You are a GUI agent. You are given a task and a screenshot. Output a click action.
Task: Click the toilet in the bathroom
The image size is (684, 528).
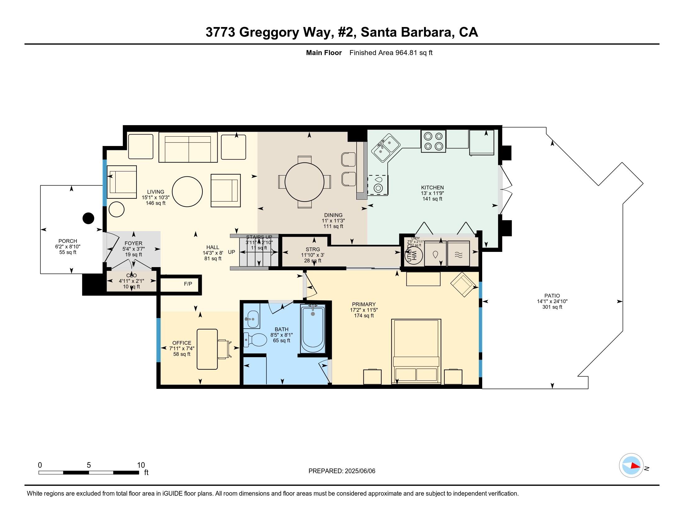coord(254,340)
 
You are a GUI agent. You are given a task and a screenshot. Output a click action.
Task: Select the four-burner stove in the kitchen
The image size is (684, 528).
coord(433,141)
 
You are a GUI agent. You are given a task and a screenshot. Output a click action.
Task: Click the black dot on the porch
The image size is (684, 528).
coord(88,218)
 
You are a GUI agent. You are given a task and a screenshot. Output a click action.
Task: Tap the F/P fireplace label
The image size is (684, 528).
coord(188,284)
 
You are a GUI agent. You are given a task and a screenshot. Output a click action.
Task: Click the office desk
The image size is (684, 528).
coord(207,349)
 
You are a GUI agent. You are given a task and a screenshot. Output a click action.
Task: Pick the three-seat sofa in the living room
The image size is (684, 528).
coord(188,147)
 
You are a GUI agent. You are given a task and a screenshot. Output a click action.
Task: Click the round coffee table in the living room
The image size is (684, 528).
coord(187,191)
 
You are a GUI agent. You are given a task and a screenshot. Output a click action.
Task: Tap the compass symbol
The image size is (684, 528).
coord(631,466)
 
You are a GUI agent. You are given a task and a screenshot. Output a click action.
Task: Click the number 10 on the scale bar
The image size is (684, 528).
coord(141,465)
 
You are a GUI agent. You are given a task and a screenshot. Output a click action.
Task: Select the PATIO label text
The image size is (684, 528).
coord(552,296)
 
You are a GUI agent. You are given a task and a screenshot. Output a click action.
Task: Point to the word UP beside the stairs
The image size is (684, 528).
coord(231,252)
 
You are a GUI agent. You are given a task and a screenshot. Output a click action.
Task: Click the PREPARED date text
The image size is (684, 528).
coord(342,471)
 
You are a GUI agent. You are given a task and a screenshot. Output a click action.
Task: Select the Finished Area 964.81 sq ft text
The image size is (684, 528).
coord(391,53)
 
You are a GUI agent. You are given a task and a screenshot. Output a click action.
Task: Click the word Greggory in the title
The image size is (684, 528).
coord(269,33)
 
